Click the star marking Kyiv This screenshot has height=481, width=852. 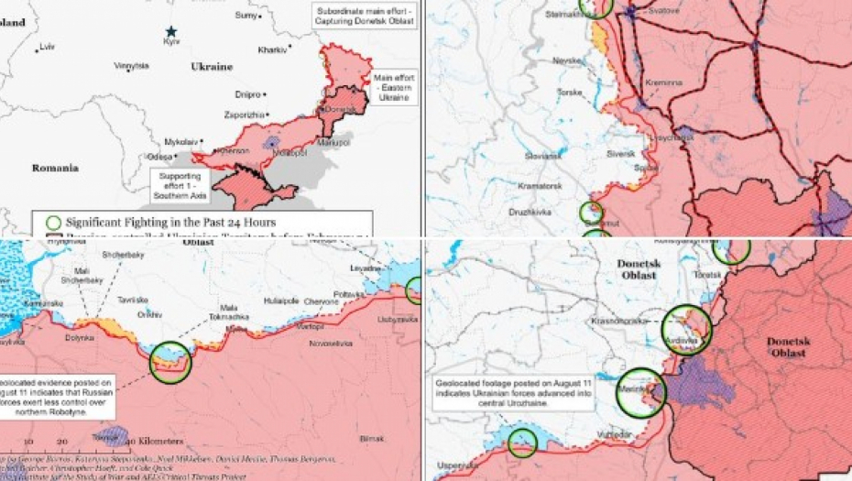click(170, 31)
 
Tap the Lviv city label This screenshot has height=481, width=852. click(47, 46)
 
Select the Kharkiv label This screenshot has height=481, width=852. click(272, 49)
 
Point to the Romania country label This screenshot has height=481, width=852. click(55, 168)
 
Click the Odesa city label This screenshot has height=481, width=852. click(158, 157)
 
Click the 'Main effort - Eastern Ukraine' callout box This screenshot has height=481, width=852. click(395, 87)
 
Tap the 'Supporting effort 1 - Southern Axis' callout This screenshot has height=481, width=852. click(180, 180)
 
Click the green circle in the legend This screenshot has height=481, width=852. click(53, 222)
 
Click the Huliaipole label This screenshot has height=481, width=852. click(281, 299)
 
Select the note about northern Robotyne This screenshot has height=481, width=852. click(58, 397)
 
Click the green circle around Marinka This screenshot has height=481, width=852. click(642, 393)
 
